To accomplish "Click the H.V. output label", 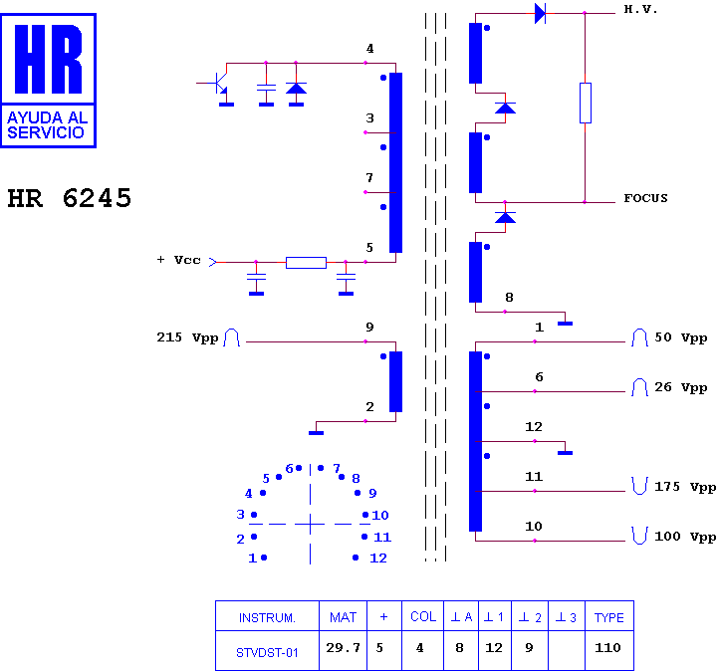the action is point(640,9).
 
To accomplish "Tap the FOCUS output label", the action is point(645,198).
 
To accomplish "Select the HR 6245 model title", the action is point(70,198).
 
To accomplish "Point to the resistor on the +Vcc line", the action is point(306,263).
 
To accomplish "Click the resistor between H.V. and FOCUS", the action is point(586,104).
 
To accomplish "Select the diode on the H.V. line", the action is point(540,13).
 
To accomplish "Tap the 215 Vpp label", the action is point(187,337).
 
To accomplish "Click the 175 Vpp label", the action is point(685,487).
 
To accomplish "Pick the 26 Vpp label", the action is point(680,387).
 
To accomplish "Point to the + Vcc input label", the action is point(179,260).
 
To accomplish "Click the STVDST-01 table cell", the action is point(267,652).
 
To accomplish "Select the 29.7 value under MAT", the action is point(343,648).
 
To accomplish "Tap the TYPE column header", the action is point(608,618).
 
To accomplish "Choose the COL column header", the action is point(423,617).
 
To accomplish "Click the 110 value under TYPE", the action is point(607,648).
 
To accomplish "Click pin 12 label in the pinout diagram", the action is point(378,559).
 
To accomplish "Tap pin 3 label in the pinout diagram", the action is point(240,515).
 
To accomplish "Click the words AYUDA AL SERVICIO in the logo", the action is point(47,124).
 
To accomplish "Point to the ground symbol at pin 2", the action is point(317,433).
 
